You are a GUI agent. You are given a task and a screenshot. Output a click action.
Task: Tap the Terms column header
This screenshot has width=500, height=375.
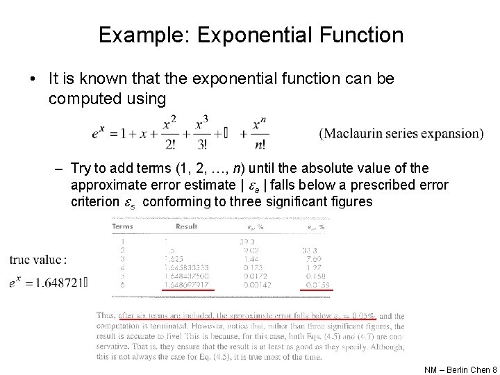(122, 226)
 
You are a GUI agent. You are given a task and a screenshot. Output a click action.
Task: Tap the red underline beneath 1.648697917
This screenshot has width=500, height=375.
(187, 290)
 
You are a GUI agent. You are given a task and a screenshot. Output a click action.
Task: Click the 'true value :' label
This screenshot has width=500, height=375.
(38, 260)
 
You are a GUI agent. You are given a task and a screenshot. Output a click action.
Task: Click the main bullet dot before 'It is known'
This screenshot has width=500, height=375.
(34, 79)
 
